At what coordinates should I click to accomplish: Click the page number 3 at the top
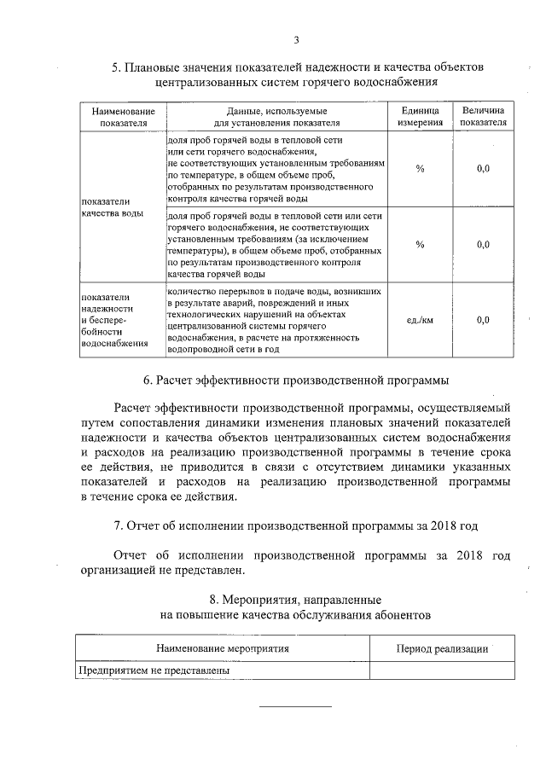295,40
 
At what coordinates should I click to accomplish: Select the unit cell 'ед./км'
420,320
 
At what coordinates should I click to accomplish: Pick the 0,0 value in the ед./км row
483,320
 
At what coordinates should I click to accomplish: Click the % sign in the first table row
420,169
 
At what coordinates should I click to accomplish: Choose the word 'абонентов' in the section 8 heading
392,613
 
